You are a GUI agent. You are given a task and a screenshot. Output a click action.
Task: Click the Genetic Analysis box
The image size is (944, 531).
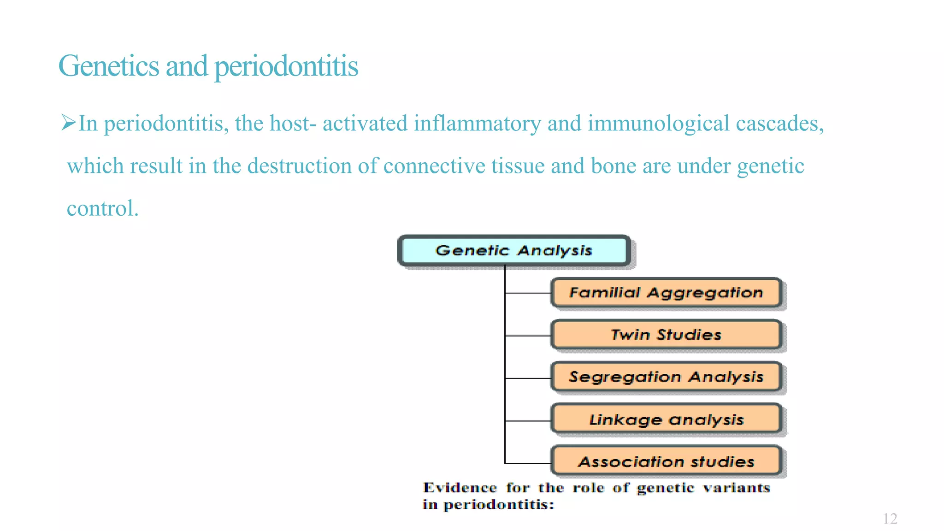point(513,250)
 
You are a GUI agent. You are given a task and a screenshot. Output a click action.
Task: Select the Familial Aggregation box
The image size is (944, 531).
point(666,293)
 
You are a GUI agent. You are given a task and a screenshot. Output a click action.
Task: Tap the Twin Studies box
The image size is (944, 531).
point(666,335)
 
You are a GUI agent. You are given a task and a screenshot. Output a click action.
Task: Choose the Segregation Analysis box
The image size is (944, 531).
point(666,377)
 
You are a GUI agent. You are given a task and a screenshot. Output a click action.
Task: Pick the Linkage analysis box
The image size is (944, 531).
point(666,419)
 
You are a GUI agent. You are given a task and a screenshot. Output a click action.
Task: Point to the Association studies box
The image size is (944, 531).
point(666,461)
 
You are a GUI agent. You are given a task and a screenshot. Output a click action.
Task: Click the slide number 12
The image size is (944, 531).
point(890,519)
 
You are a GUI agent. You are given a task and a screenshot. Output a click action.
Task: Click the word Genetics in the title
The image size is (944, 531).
point(109,66)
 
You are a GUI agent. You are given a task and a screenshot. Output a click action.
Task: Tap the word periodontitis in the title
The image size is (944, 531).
point(286,66)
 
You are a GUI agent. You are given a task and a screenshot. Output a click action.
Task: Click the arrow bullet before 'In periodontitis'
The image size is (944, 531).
point(68,123)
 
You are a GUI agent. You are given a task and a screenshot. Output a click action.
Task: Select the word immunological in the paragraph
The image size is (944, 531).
point(658,124)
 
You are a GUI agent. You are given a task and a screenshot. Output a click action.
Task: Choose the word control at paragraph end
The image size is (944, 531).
point(101,208)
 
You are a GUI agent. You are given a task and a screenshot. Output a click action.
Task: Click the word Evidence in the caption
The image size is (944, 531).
point(460,488)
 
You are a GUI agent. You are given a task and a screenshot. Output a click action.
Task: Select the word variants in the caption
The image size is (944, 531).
point(736,488)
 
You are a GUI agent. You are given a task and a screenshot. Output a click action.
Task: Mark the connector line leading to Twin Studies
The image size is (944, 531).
point(528,336)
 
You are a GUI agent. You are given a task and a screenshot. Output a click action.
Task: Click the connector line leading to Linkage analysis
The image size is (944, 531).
point(528,421)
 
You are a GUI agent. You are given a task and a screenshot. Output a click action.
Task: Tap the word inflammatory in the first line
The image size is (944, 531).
point(477,124)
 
